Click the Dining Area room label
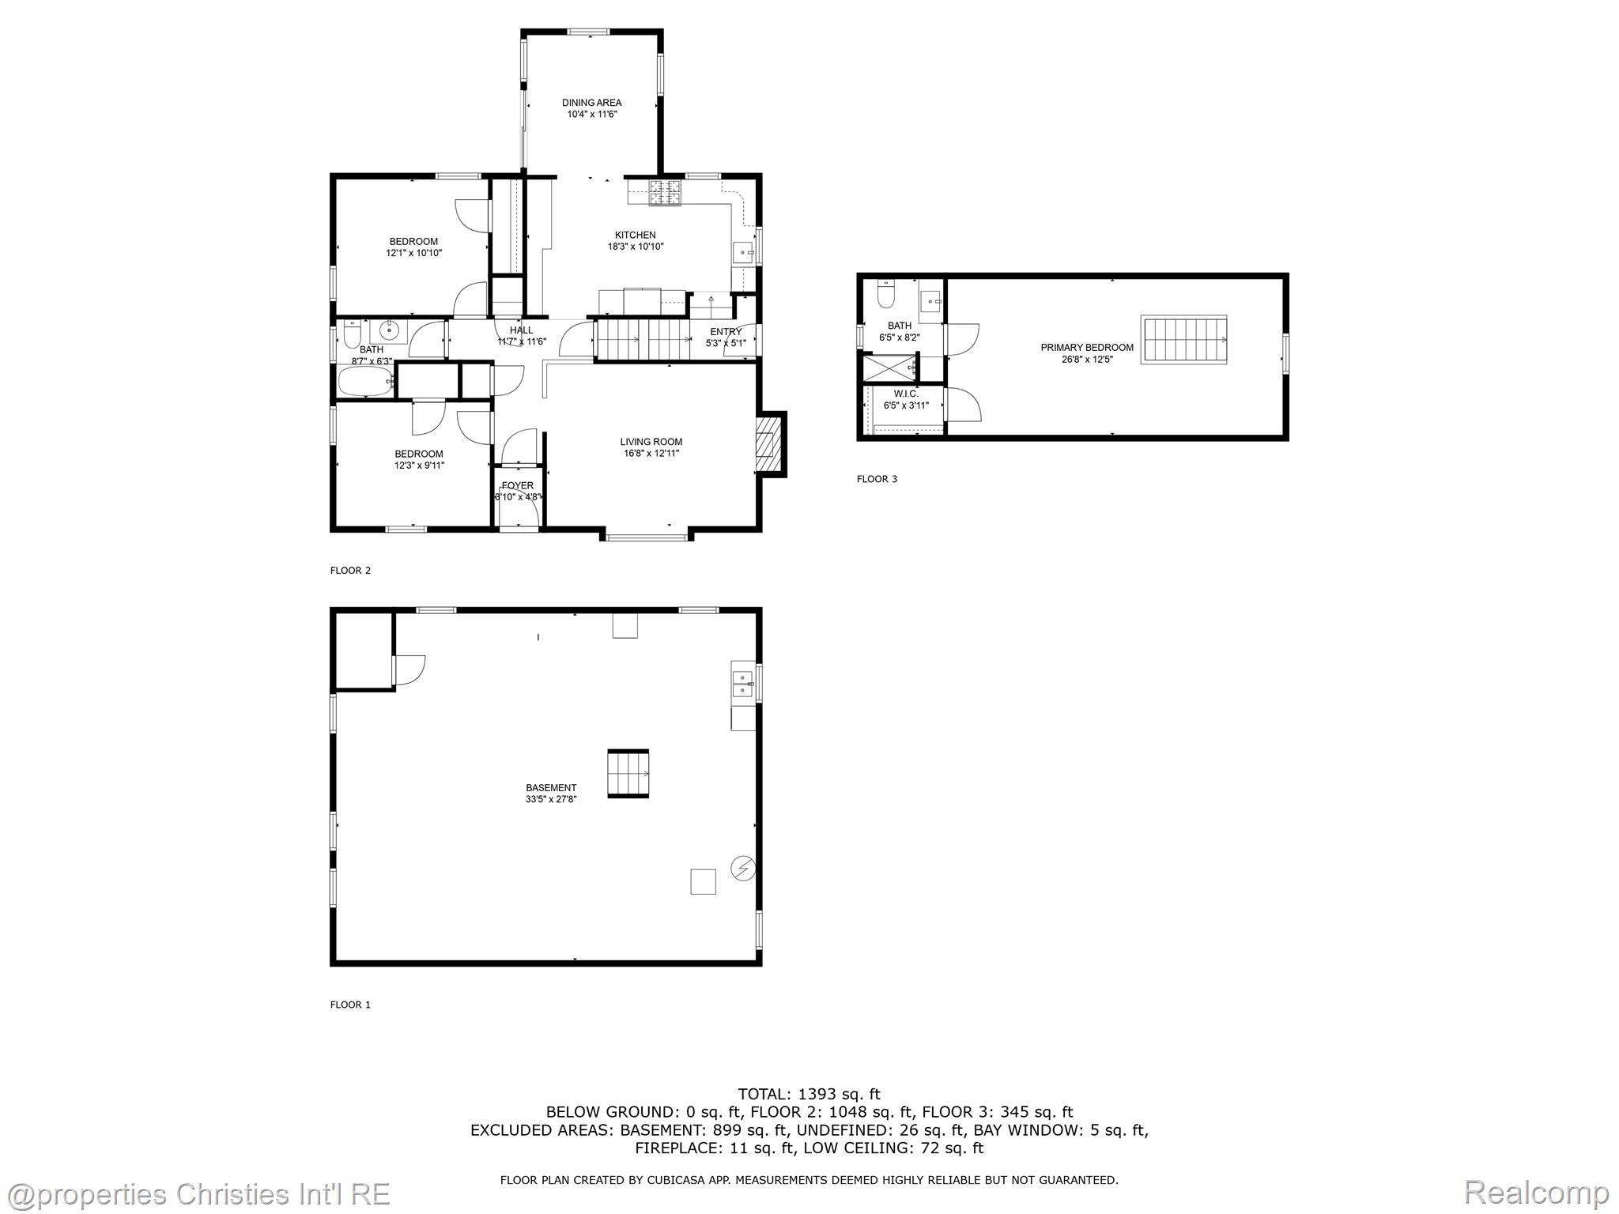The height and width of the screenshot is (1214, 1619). pyautogui.click(x=591, y=103)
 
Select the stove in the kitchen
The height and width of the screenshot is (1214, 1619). pyautogui.click(x=665, y=194)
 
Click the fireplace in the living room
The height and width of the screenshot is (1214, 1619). pyautogui.click(x=768, y=444)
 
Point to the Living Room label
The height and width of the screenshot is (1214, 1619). pyautogui.click(x=651, y=442)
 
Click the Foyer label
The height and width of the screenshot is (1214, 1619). pyautogui.click(x=518, y=486)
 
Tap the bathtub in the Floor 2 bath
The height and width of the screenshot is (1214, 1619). pyautogui.click(x=367, y=382)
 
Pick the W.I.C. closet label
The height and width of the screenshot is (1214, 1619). pyautogui.click(x=906, y=394)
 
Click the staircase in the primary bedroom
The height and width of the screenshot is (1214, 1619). pyautogui.click(x=1184, y=339)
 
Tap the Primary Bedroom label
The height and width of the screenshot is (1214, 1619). pyautogui.click(x=1087, y=348)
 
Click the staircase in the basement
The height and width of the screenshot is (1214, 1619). pyautogui.click(x=628, y=774)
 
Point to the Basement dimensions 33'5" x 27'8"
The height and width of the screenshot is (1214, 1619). pyautogui.click(x=551, y=799)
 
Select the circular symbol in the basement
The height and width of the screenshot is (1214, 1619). pyautogui.click(x=743, y=869)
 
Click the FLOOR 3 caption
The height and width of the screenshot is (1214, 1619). pyautogui.click(x=877, y=479)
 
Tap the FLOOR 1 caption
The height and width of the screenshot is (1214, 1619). pyautogui.click(x=350, y=1005)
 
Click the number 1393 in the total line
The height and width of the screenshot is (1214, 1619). pyautogui.click(x=817, y=1095)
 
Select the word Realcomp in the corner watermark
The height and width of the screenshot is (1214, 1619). pyautogui.click(x=1536, y=1193)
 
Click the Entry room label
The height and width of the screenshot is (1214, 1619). pyautogui.click(x=726, y=332)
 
